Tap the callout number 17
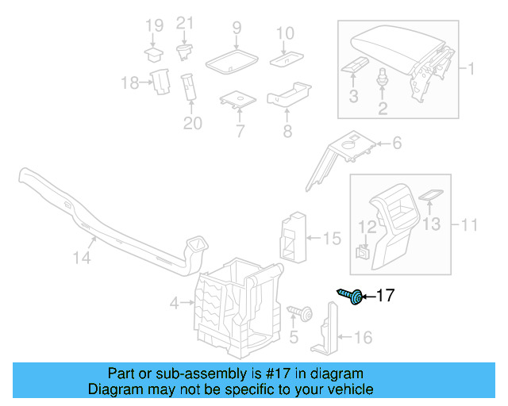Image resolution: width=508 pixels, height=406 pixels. [x=384, y=297]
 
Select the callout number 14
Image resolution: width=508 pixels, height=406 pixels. [x=83, y=258]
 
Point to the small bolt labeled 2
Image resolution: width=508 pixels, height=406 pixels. [x=383, y=79]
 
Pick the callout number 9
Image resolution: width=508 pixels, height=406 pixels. [x=237, y=29]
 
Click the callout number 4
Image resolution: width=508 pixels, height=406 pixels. [x=174, y=302]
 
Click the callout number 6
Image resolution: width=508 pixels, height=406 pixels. [x=396, y=144]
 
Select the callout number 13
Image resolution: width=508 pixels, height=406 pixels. [x=429, y=224]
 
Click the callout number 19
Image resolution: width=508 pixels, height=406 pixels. [x=153, y=31]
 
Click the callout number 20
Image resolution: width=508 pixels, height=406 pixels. [x=193, y=123]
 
